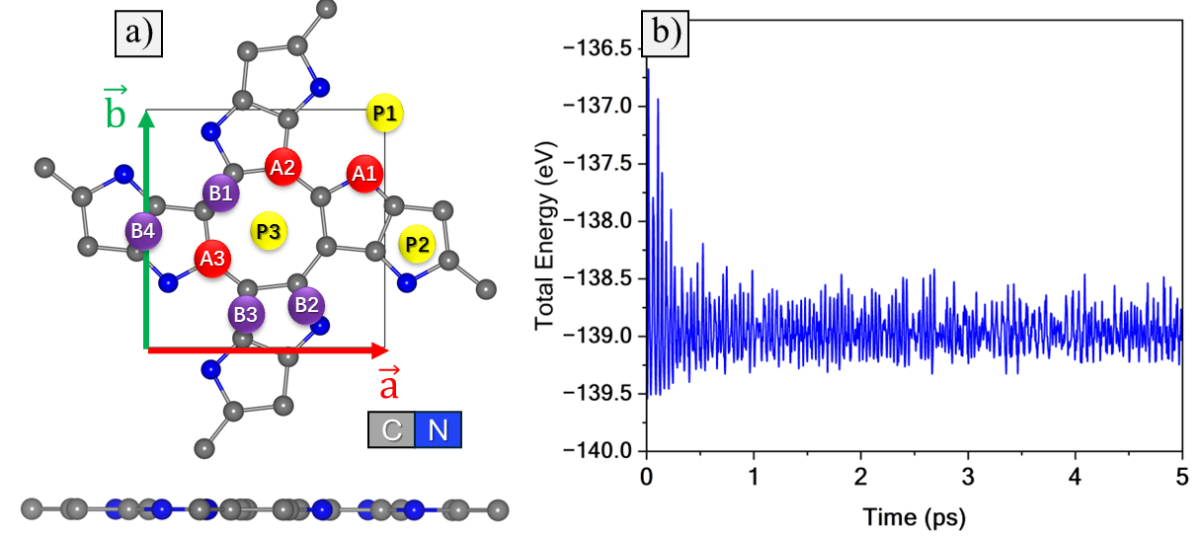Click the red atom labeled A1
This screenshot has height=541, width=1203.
click(363, 175)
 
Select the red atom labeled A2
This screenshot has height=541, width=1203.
click(282, 167)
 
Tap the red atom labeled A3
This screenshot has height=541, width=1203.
click(212, 258)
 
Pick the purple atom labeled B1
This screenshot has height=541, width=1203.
click(219, 193)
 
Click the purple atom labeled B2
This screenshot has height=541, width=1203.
click(306, 304)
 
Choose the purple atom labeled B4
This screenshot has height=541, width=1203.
click(142, 232)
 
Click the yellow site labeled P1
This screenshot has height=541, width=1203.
click(384, 114)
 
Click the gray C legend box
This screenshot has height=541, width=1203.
click(391, 431)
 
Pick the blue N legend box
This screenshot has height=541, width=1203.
click(438, 431)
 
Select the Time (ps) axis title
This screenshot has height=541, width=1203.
click(913, 516)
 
